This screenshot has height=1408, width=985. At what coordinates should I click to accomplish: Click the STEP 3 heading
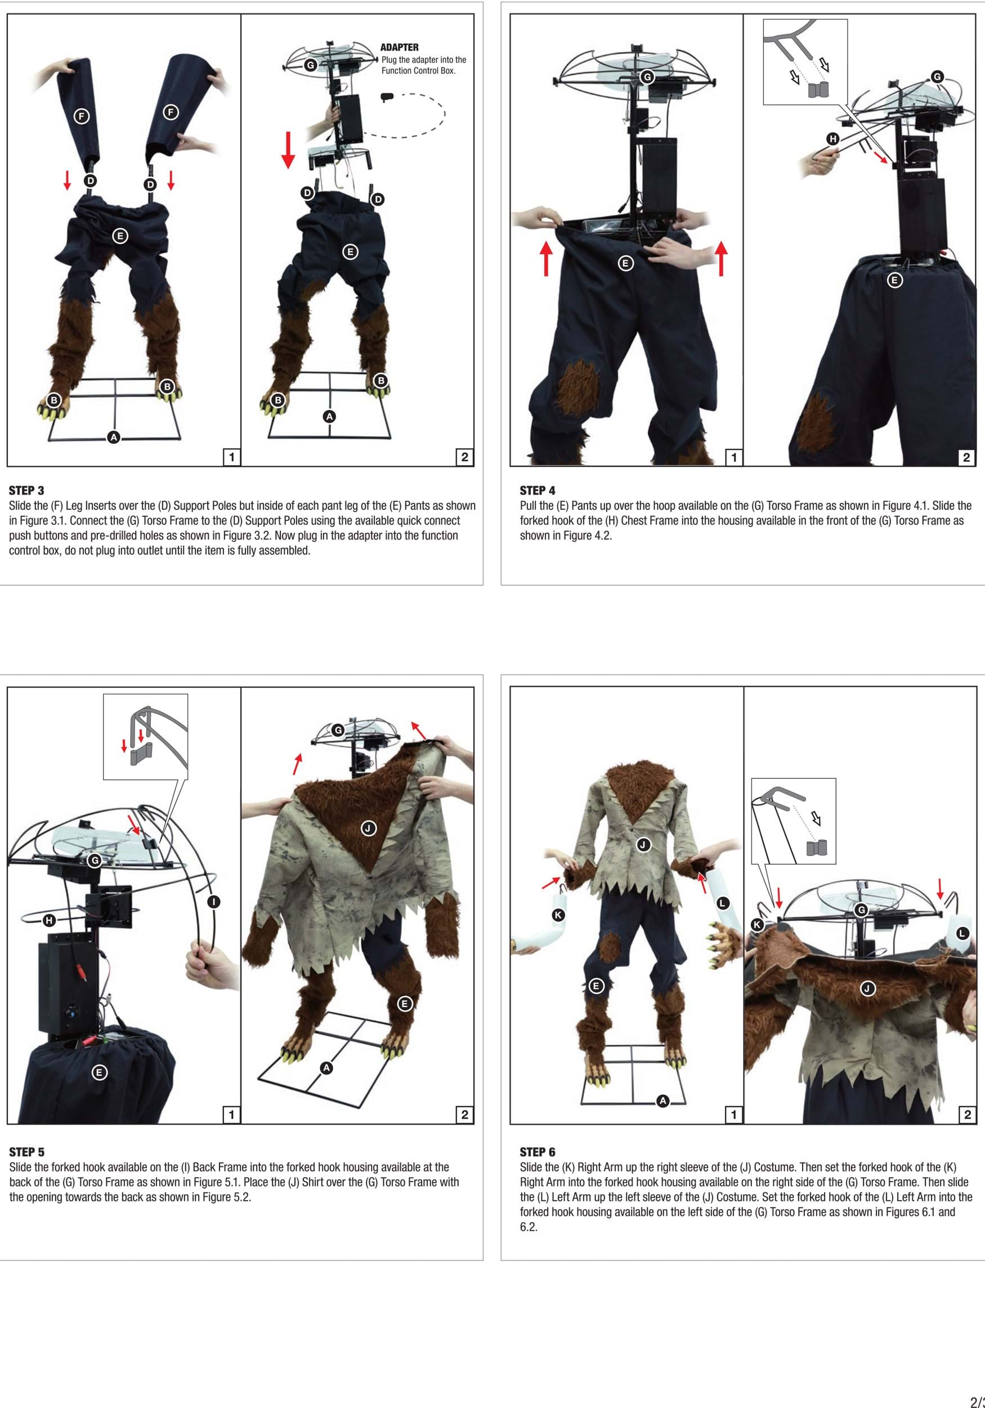26,490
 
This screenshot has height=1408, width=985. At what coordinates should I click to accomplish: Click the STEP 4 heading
538,490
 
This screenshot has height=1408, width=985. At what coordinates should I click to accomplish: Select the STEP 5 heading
27,1152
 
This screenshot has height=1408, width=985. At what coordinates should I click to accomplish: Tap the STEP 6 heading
538,1152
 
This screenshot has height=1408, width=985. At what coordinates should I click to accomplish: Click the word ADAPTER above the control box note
400,47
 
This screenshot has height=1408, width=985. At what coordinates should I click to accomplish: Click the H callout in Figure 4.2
833,139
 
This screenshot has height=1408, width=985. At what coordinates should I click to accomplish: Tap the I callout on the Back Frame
213,902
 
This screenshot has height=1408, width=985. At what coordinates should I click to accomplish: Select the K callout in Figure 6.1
558,915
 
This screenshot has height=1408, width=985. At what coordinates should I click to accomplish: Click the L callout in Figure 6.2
962,933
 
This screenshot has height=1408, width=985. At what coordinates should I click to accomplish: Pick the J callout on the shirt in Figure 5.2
368,828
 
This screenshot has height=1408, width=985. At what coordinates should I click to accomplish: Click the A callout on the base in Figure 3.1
113,437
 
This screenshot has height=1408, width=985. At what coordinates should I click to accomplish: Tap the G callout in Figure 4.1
647,77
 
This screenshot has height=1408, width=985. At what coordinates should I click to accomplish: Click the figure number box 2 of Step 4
966,457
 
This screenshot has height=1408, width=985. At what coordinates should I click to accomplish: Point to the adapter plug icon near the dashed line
387,97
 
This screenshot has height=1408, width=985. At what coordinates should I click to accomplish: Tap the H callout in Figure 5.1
49,920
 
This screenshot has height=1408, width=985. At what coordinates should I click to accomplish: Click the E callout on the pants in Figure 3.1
120,235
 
